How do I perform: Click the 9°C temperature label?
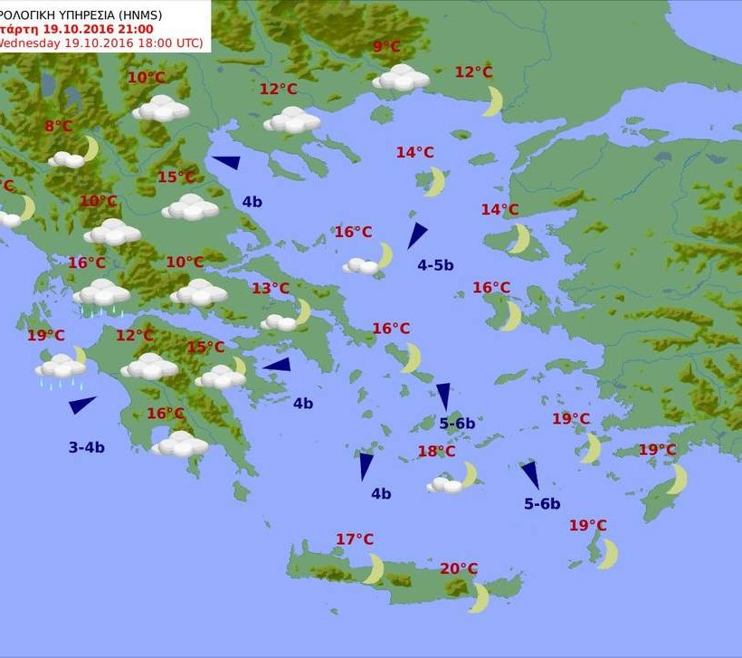coord(386,47)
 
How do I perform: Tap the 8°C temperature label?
coord(58,127)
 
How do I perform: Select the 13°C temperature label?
coord(271,289)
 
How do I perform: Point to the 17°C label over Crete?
coord(355,539)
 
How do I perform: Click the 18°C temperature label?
coord(436,451)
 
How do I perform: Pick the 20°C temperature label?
coord(459,568)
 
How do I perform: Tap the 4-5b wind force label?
coord(435,265)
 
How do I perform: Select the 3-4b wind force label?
coord(86,447)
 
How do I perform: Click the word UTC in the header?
coord(186,43)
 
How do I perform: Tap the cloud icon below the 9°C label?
coord(401,78)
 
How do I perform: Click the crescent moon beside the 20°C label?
coord(479,597)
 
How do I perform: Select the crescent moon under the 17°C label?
coord(373,569)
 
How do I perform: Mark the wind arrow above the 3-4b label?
coord(81,405)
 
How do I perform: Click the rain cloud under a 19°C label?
coord(61,368)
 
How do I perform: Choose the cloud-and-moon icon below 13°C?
coord(286,318)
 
